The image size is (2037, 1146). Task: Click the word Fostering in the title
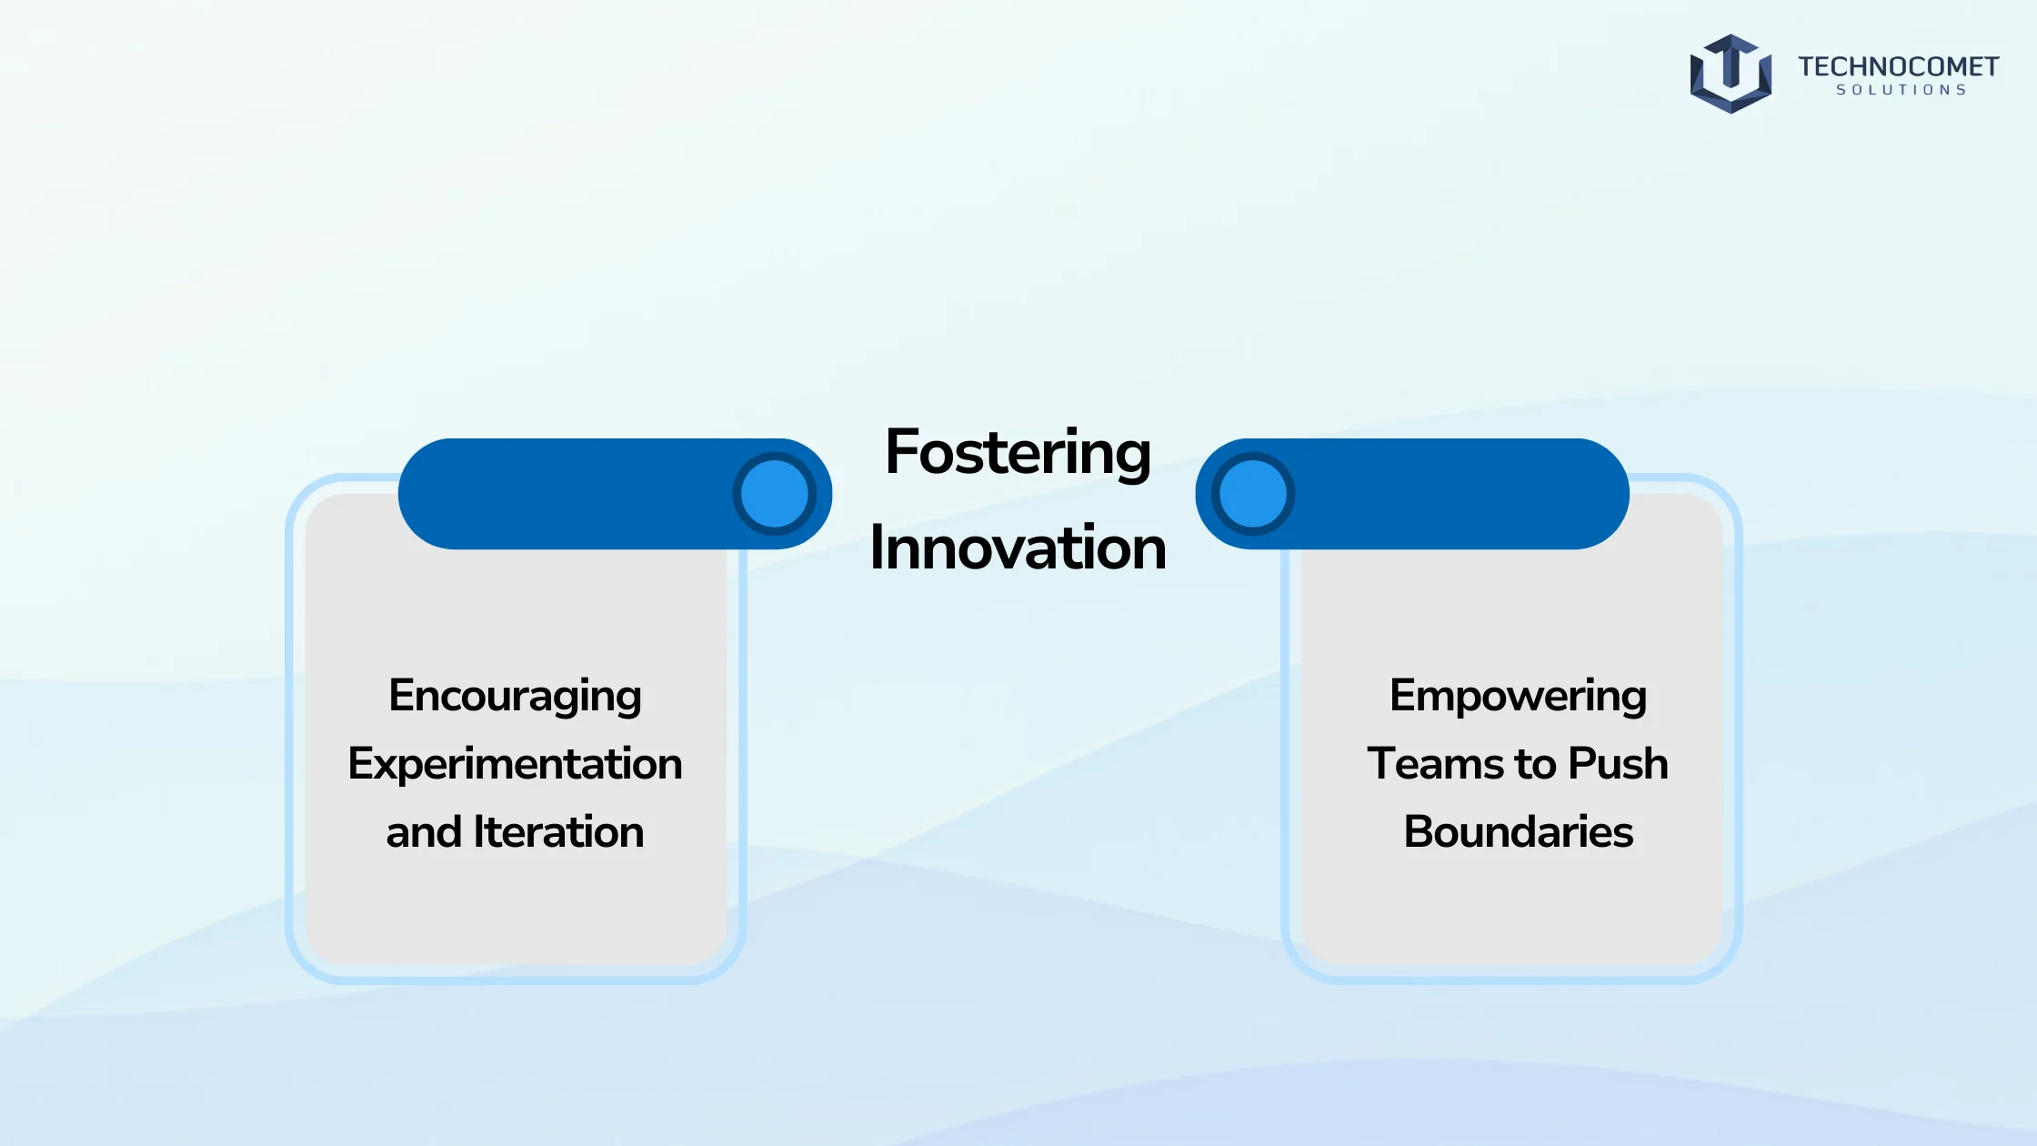coord(1018,454)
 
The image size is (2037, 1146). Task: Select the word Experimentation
coord(515,765)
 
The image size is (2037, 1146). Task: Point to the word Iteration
coord(558,831)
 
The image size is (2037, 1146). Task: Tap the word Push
coord(1618,763)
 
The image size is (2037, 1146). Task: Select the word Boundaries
coord(1518,831)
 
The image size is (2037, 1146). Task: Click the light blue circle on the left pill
coord(775,494)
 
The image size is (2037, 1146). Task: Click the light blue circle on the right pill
coord(1253,494)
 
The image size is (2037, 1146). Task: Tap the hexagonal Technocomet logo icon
coord(1731,74)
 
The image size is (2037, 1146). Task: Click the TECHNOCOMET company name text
coord(1898,66)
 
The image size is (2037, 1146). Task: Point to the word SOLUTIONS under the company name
coord(1902,90)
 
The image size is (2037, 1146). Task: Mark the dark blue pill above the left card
coord(615,494)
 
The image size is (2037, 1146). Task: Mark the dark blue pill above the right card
coord(1412,494)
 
